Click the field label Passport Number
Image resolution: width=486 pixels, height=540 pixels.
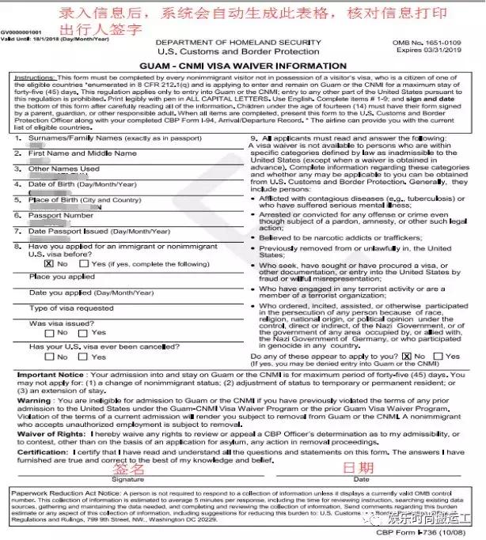point(62,215)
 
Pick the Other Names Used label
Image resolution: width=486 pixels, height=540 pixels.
point(64,168)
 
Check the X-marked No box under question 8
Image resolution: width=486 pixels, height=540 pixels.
point(50,263)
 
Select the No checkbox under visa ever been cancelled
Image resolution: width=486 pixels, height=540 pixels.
point(50,357)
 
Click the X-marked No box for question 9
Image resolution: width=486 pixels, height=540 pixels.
point(408,357)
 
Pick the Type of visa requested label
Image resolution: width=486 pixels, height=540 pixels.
point(71,308)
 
